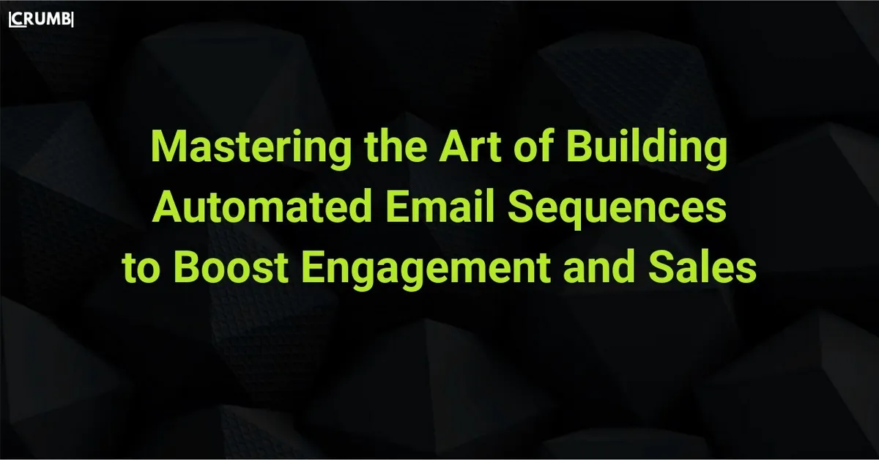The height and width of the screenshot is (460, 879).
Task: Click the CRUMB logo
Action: pyautogui.click(x=41, y=20)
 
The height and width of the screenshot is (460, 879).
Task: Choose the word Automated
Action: pyautogui.click(x=262, y=207)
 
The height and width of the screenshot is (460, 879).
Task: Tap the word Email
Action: pyautogui.click(x=440, y=206)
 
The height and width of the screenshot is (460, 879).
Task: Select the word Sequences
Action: pyautogui.click(x=617, y=209)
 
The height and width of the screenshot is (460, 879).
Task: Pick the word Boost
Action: pyautogui.click(x=231, y=267)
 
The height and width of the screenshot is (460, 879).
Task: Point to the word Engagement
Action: pyautogui.click(x=426, y=271)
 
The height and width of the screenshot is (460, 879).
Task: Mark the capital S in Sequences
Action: pyautogui.click(x=521, y=207)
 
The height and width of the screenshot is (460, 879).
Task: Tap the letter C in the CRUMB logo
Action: pyautogui.click(x=18, y=20)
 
